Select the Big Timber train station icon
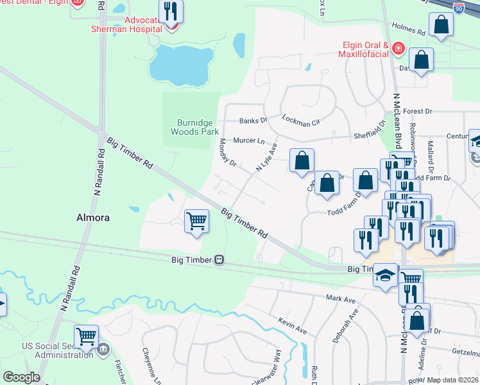click(x=219, y=260)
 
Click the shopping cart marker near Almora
click(x=196, y=221)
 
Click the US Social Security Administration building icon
click(x=103, y=350)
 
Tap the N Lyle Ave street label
click(x=266, y=157)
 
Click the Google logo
click(x=22, y=377)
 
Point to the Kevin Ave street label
click(x=292, y=324)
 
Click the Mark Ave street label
click(x=340, y=299)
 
